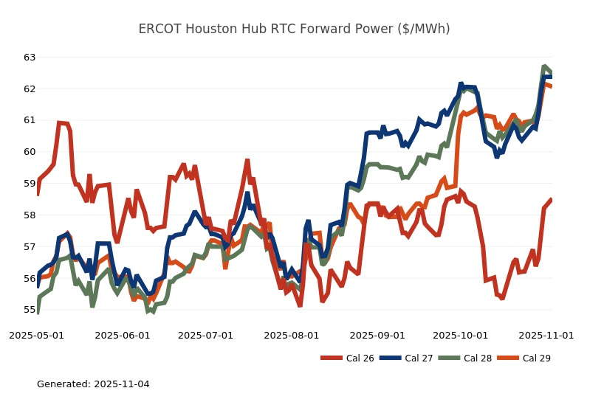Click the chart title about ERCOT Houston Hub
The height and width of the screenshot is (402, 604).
click(x=294, y=29)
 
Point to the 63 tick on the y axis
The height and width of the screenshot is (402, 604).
click(x=30, y=58)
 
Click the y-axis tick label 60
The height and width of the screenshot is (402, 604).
click(x=30, y=152)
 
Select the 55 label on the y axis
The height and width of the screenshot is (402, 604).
click(x=30, y=310)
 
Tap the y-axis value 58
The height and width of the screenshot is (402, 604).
click(x=30, y=215)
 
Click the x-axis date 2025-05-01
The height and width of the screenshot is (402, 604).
click(x=36, y=335)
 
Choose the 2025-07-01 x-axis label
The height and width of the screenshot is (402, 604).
click(x=208, y=335)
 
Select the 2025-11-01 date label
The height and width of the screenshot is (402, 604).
click(x=546, y=335)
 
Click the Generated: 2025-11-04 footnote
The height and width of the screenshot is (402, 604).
click(x=93, y=384)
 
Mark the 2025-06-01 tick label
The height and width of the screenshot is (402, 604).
click(x=123, y=335)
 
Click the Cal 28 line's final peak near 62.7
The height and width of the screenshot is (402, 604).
click(x=545, y=67)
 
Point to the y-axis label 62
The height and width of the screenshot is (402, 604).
click(x=30, y=89)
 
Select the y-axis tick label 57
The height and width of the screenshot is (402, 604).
click(x=30, y=247)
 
